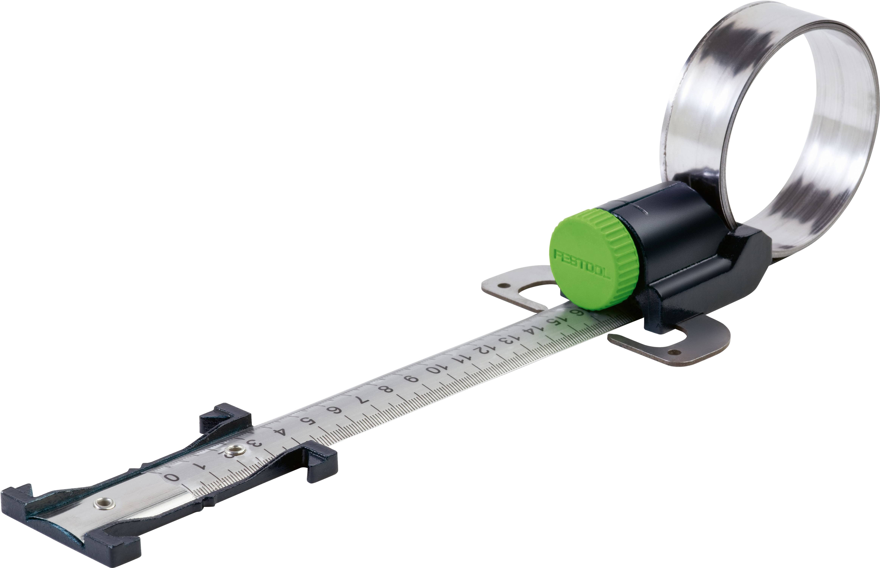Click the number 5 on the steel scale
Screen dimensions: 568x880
click(x=307, y=421)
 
